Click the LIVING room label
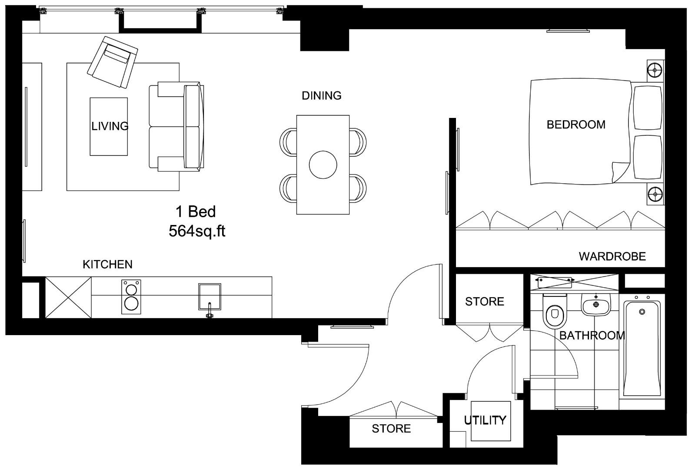pyautogui.click(x=110, y=126)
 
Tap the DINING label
pyautogui.click(x=322, y=96)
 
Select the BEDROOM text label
pyautogui.click(x=576, y=124)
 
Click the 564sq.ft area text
pyautogui.click(x=197, y=231)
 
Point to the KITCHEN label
pyautogui.click(x=107, y=264)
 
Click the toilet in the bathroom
pyautogui.click(x=555, y=312)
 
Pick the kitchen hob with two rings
pyautogui.click(x=131, y=297)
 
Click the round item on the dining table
pyautogui.click(x=323, y=165)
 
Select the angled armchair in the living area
pyautogui.click(x=113, y=62)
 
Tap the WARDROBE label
pyautogui.click(x=612, y=256)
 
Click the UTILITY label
pyautogui.click(x=485, y=420)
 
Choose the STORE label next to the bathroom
pyautogui.click(x=484, y=301)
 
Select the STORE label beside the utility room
pyautogui.click(x=391, y=429)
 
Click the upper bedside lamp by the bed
pyautogui.click(x=655, y=69)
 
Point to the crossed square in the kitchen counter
pyautogui.click(x=68, y=297)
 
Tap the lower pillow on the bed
pyautogui.click(x=648, y=157)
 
